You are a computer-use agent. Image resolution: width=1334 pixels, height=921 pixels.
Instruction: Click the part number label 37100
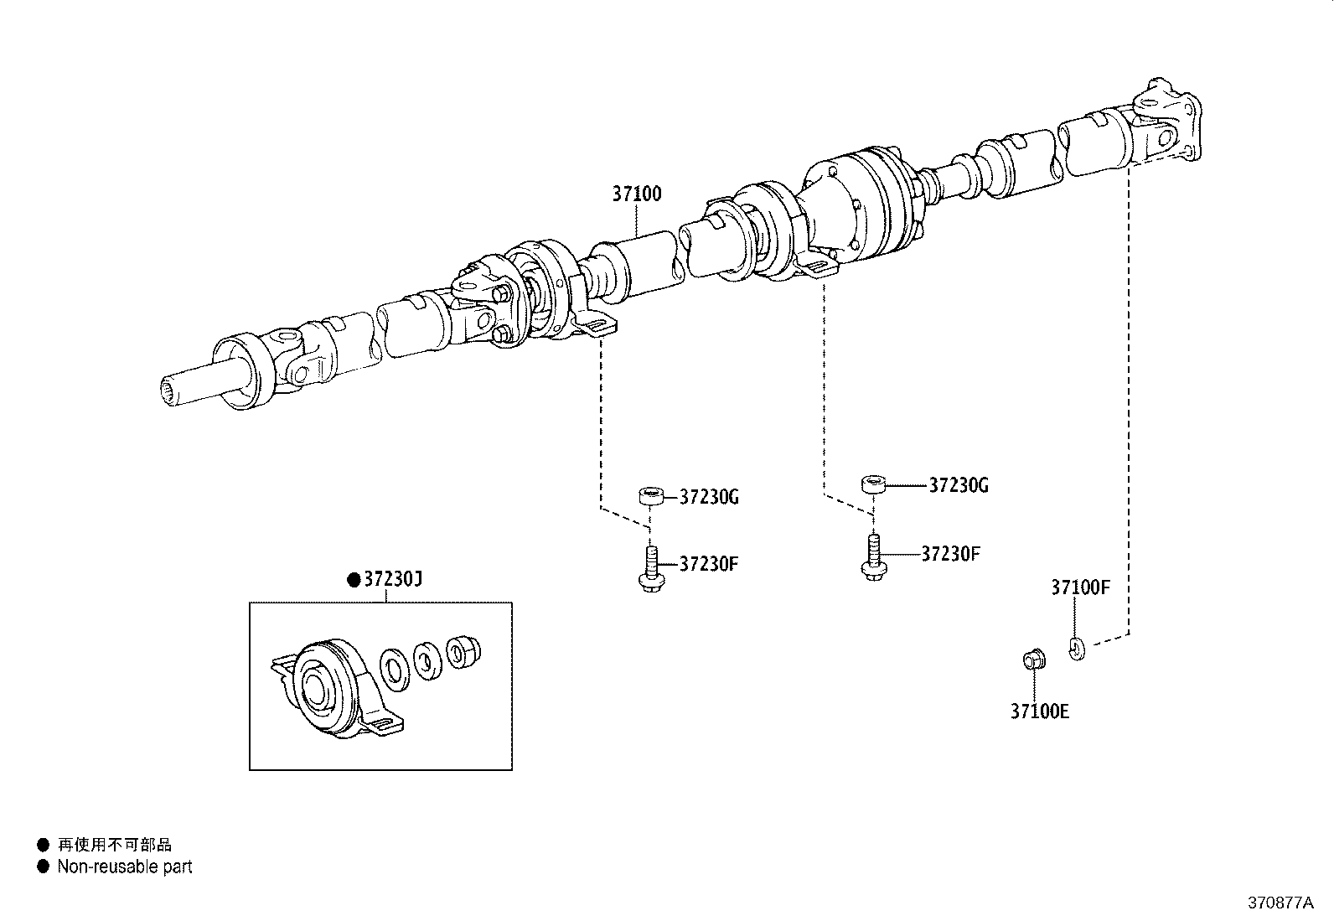pyautogui.click(x=636, y=194)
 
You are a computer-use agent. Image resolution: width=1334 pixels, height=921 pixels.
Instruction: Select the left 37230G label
pyautogui.click(x=709, y=497)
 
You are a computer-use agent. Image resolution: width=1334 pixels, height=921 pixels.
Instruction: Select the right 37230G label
pyautogui.click(x=959, y=485)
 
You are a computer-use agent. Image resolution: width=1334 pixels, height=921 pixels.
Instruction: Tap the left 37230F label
pyautogui.click(x=708, y=563)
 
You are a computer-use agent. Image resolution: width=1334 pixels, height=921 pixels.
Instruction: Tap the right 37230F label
pyautogui.click(x=950, y=554)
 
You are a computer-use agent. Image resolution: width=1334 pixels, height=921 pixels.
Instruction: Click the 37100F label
pyautogui.click(x=1080, y=588)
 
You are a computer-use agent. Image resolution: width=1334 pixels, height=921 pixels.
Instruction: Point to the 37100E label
pyautogui.click(x=1039, y=711)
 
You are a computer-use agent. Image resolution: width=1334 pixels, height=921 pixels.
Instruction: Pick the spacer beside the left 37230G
pyautogui.click(x=652, y=496)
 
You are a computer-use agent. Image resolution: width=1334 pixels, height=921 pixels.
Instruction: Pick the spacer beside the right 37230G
pyautogui.click(x=872, y=484)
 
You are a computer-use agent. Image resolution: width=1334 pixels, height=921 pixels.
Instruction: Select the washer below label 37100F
pyautogui.click(x=1077, y=646)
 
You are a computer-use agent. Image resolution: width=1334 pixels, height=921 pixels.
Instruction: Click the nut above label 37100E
pyautogui.click(x=1032, y=660)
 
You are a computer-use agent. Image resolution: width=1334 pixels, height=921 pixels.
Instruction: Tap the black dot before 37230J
pyautogui.click(x=354, y=579)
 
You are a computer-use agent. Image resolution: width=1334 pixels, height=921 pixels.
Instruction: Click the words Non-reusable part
pyautogui.click(x=124, y=867)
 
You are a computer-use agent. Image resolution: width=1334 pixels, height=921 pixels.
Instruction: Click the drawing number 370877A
pyautogui.click(x=1280, y=903)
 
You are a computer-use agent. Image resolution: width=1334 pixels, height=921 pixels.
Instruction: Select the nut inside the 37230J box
pyautogui.click(x=458, y=651)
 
